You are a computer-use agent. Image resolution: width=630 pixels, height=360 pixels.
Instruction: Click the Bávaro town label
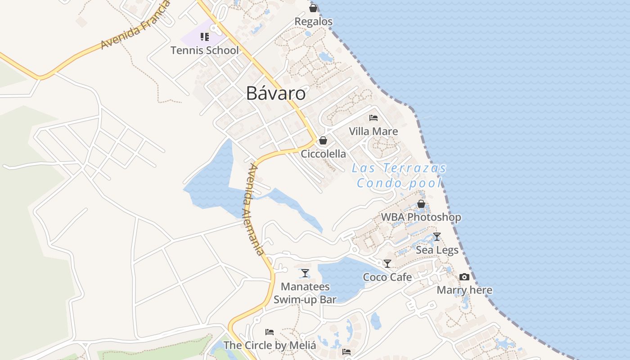[x=276, y=93]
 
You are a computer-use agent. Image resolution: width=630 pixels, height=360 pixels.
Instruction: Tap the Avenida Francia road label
[x=135, y=24]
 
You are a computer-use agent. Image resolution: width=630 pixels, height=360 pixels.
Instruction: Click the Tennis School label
[x=205, y=50]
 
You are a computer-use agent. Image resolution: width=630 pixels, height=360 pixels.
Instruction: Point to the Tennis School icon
[x=205, y=36]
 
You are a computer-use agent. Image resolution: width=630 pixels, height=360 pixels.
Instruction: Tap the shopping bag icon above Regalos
[x=314, y=8]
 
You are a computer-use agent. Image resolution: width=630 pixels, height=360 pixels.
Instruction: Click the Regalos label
[x=314, y=22]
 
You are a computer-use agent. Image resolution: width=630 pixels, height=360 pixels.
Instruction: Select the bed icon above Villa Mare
[x=373, y=118]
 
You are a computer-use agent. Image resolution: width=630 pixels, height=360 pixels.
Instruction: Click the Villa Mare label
[x=373, y=131]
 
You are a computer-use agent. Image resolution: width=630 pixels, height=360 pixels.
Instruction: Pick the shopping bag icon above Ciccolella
[x=323, y=140]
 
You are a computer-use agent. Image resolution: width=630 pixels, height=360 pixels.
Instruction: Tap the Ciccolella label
[x=324, y=154]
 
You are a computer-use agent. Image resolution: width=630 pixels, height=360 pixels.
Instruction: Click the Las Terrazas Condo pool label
[x=399, y=175]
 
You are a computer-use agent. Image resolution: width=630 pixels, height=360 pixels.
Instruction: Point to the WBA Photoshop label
[x=421, y=217]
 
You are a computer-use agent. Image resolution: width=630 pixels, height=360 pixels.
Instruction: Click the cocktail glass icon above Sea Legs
[x=437, y=237]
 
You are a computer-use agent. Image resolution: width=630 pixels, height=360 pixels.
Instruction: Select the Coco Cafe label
[x=387, y=277]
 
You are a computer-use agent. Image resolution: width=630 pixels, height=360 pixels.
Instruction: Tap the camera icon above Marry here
[x=464, y=277]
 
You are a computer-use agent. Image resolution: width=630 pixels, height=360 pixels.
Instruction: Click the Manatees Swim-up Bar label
[x=305, y=293]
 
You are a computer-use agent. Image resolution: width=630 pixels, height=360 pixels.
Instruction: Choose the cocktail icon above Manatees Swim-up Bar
[x=305, y=273]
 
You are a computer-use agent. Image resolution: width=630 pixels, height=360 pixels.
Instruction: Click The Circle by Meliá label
[x=270, y=346]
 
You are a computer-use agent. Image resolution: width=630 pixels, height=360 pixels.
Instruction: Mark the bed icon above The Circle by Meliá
[x=270, y=332]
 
